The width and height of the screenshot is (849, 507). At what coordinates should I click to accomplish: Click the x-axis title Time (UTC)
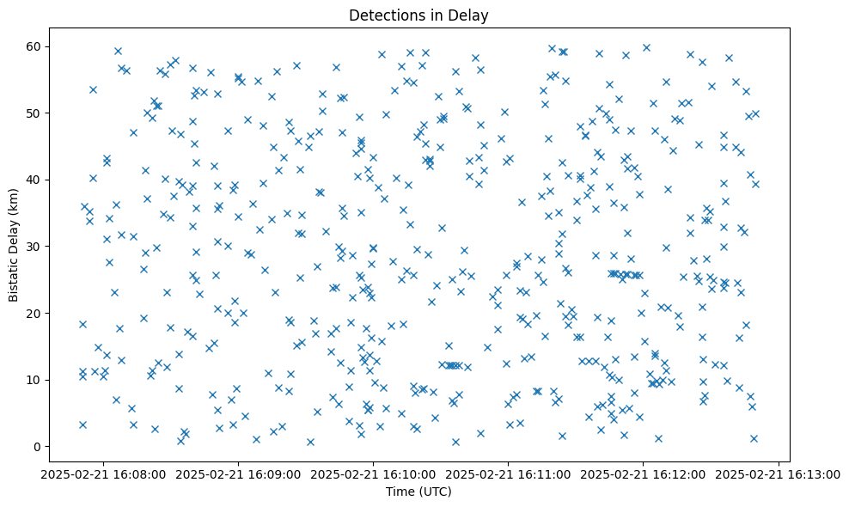click(x=418, y=492)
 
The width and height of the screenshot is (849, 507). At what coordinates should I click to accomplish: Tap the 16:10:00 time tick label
click(x=373, y=474)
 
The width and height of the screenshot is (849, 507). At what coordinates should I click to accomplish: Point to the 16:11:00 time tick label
click(x=508, y=474)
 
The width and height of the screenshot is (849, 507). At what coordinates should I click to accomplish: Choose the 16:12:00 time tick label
click(x=643, y=474)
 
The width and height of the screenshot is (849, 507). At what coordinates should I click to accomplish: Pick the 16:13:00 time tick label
click(x=778, y=474)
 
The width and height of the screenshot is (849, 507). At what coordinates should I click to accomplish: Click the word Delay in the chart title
click(x=471, y=15)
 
